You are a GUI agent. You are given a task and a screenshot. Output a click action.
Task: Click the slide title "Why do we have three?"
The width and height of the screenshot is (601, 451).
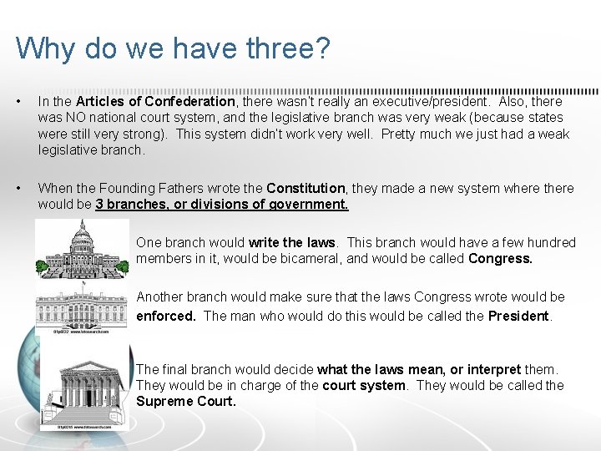click(x=173, y=48)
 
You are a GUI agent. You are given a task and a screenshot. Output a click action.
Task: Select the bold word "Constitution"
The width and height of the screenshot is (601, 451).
click(x=306, y=189)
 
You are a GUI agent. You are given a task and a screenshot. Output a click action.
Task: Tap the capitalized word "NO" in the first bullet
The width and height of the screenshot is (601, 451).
click(x=74, y=118)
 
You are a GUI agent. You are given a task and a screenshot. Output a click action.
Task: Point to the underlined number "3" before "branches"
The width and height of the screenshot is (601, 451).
click(x=99, y=205)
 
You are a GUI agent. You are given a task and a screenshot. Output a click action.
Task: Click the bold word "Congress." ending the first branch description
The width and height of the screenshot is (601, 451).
click(x=500, y=258)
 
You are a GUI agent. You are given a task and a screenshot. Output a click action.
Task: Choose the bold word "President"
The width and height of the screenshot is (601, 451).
click(x=519, y=316)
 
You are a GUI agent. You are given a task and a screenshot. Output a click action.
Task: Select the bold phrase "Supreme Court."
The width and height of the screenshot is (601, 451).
click(x=186, y=401)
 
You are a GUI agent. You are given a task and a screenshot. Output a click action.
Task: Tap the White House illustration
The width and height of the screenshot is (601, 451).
click(x=82, y=309)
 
